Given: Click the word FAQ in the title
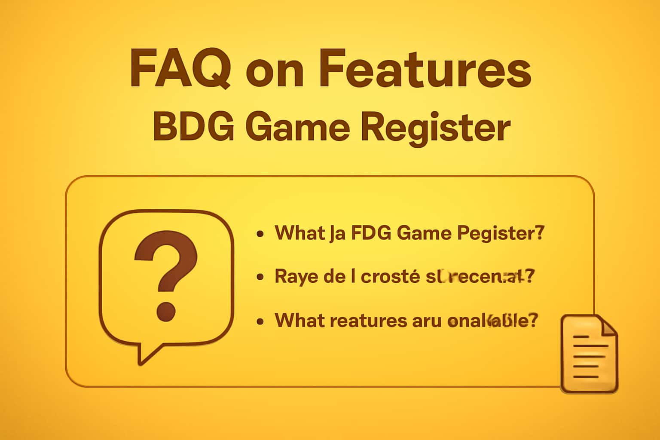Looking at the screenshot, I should pos(180,69).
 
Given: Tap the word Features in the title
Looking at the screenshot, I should pos(425,69).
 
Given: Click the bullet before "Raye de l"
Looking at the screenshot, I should pos(260,277).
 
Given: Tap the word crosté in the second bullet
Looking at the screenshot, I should pos(390,277).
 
